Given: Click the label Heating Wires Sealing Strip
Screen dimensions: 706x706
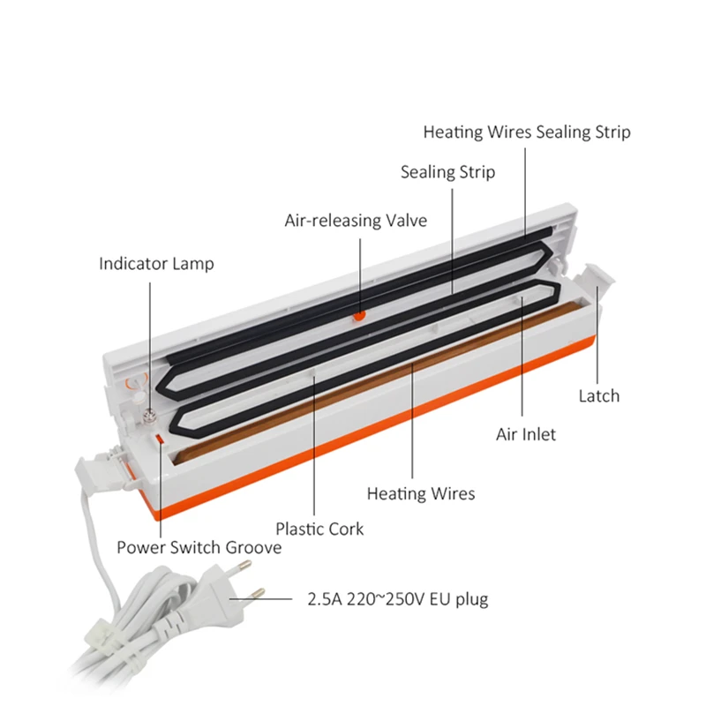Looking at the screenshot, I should coord(527,132).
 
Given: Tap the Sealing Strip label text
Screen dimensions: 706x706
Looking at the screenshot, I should coord(447,172).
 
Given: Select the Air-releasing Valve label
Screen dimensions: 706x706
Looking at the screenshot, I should coord(355,220).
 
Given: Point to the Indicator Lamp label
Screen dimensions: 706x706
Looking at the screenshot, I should coord(156,263).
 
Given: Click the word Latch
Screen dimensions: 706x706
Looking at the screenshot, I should coord(599,396).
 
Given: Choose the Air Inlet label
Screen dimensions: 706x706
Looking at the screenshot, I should coord(525,434).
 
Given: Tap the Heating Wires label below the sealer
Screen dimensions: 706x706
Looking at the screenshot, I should coord(420,493).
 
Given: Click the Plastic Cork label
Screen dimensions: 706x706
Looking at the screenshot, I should coord(319,529).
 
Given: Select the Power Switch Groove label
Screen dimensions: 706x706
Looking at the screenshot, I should coord(199,548).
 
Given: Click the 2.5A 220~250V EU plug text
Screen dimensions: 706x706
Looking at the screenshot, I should coord(397,600).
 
